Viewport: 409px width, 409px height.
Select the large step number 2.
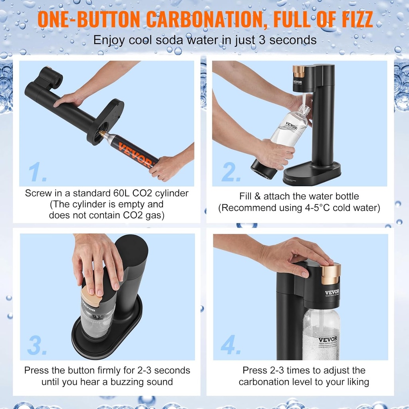pos(231,172)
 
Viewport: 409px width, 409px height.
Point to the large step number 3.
pos(37,345)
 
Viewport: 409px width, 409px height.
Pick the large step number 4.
pos(231,345)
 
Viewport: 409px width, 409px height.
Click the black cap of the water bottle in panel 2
pos(263,169)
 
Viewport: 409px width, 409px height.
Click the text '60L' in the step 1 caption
pos(120,193)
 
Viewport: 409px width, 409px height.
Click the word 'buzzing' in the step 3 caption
pos(127,382)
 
